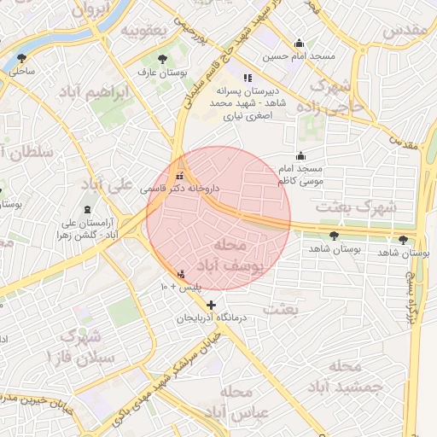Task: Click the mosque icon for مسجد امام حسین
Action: coord(299,44)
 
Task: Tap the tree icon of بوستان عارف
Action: coord(161,60)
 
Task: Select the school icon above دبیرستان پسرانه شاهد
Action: coord(248,77)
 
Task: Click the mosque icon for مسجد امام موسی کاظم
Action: coord(300,155)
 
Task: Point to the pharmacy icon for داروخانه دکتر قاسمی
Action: coord(179,175)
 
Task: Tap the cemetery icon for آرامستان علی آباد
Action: coord(88,210)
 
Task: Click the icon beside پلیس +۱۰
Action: coord(180,275)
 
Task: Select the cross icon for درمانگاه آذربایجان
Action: coord(211,305)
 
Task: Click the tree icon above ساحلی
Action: coord(21,58)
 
